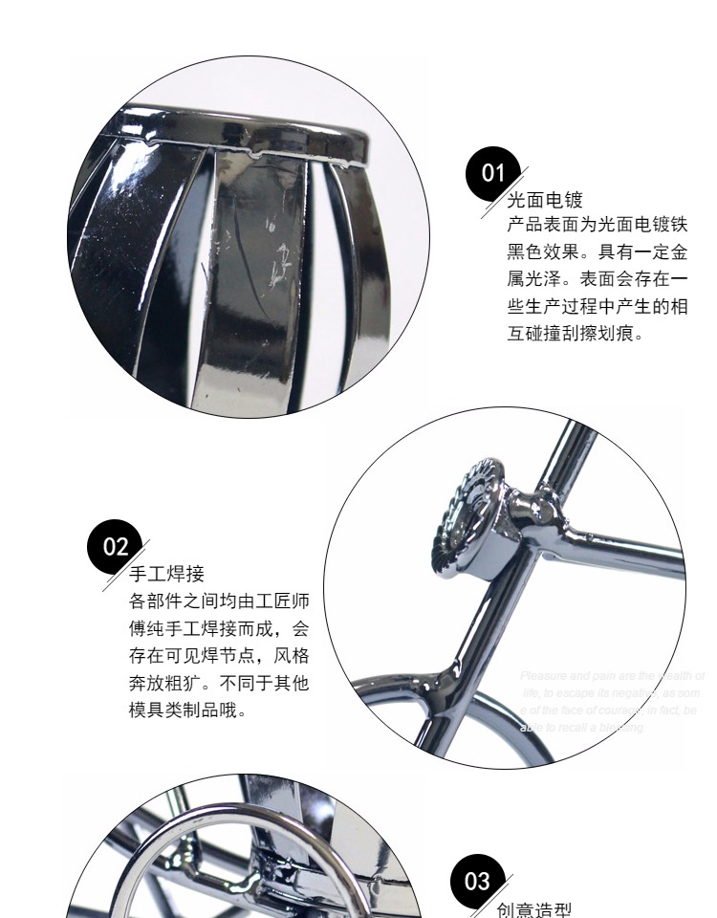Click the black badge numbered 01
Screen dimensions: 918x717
tap(494, 173)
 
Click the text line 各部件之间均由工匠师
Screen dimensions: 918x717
tap(219, 601)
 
